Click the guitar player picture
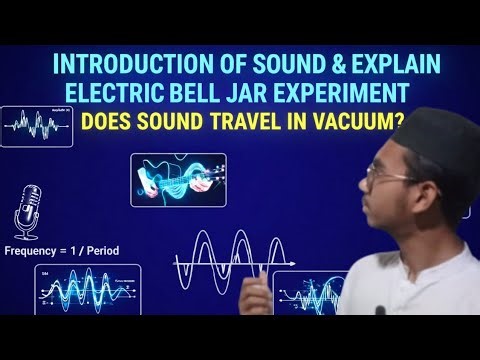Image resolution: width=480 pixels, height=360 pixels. (178, 179)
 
